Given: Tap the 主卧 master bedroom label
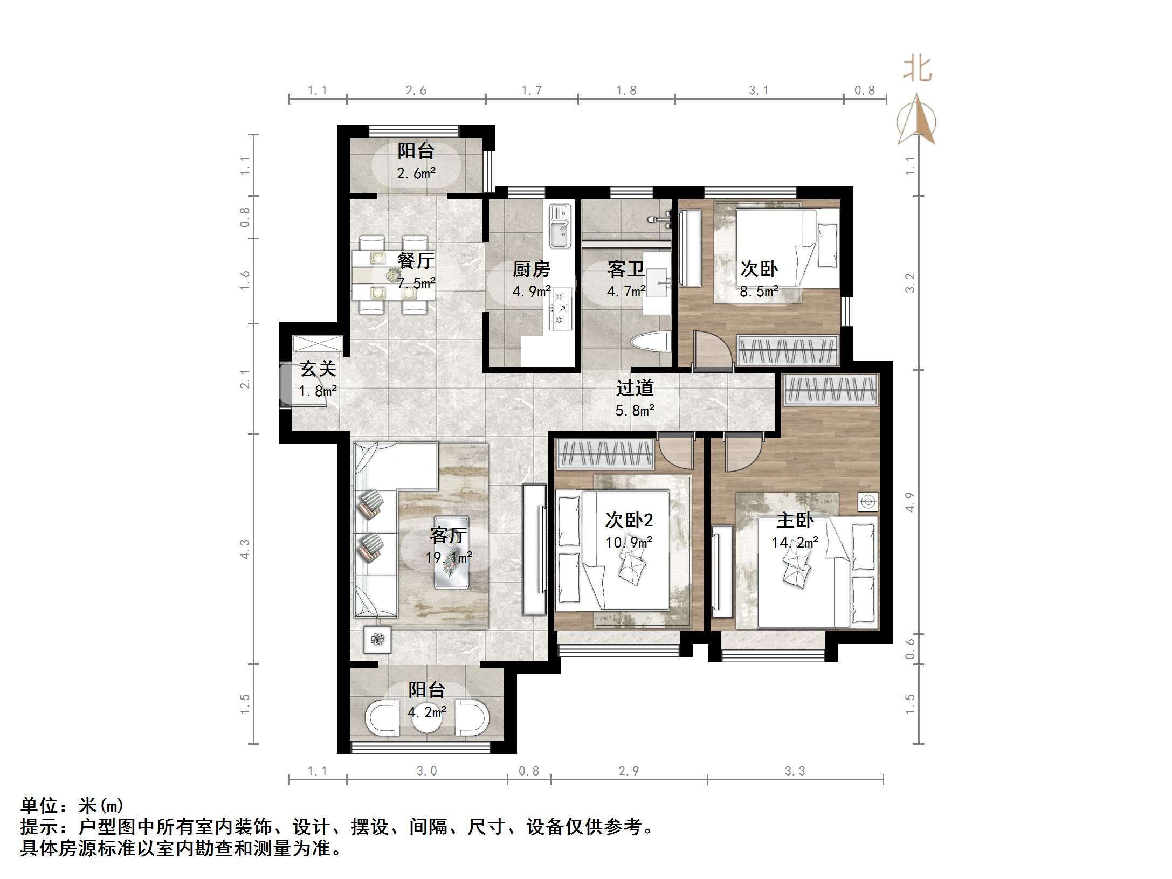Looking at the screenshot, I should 795,521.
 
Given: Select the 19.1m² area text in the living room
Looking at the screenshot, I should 449,557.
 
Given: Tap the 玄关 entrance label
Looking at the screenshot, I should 318,369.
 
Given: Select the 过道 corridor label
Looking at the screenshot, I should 635,388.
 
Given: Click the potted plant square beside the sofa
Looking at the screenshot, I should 377,640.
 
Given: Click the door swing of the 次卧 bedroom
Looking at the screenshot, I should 712,350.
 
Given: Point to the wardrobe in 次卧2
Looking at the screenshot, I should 605,453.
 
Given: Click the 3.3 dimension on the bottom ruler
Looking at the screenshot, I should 795,771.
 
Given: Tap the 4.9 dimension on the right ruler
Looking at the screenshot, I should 909,502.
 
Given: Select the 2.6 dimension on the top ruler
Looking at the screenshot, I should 416,91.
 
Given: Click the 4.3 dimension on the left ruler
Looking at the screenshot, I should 245,549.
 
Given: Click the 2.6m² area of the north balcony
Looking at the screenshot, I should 416,174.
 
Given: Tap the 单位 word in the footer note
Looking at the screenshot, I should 39,806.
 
